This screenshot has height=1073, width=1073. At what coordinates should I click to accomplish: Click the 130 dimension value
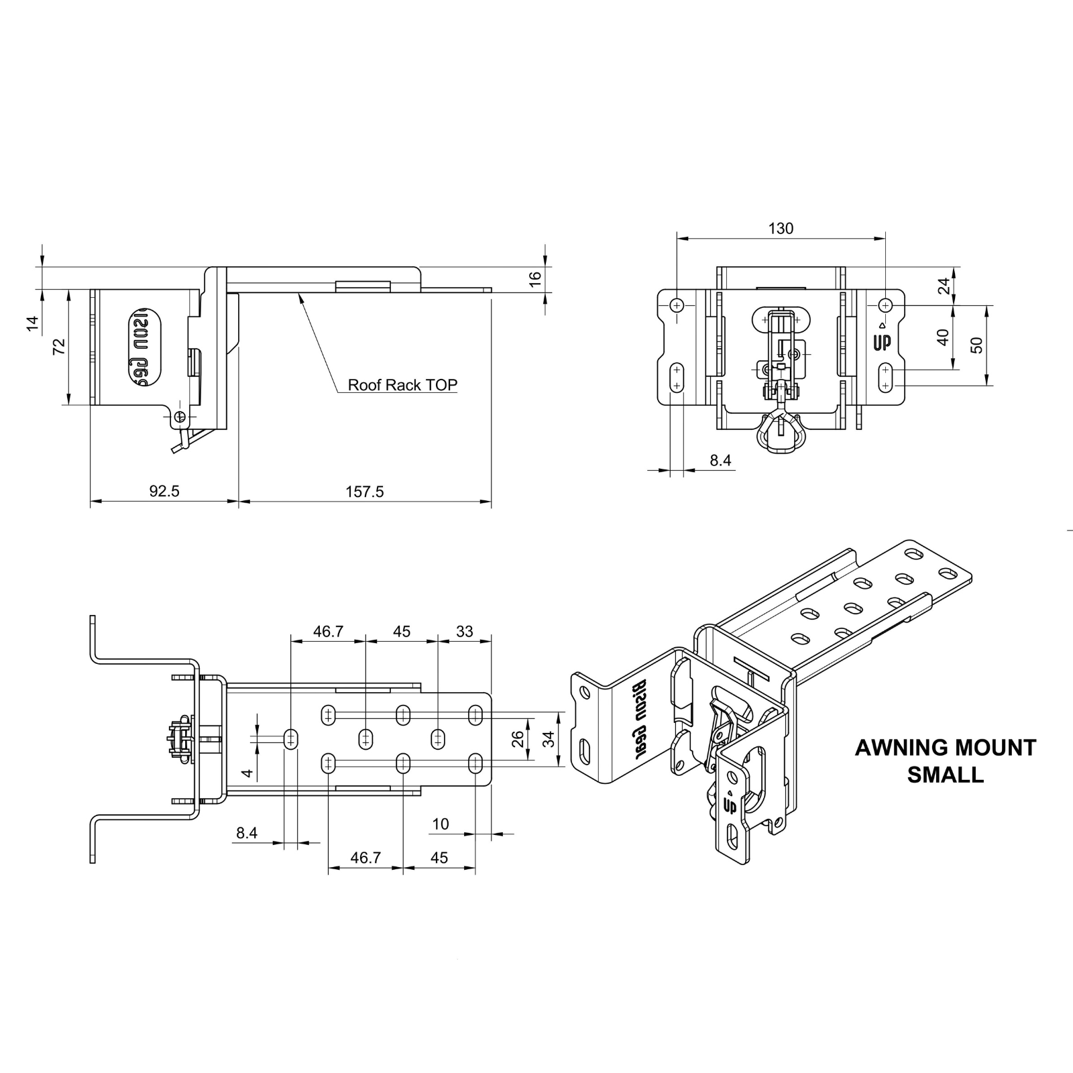pyautogui.click(x=781, y=229)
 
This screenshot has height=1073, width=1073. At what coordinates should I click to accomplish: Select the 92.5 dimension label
pyautogui.click(x=164, y=492)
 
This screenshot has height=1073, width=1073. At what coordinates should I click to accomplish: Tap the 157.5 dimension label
pyautogui.click(x=365, y=492)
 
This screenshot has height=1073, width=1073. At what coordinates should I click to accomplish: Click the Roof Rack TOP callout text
pyautogui.click(x=402, y=385)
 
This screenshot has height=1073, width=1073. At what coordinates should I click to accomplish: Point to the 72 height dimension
pyautogui.click(x=59, y=347)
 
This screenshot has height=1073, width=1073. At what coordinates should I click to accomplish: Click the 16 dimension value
pyautogui.click(x=534, y=280)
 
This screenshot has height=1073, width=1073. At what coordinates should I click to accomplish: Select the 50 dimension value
pyautogui.click(x=976, y=345)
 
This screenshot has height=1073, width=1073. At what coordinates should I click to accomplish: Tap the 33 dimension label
pyautogui.click(x=464, y=631)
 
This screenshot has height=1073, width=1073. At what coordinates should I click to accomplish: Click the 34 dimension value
pyautogui.click(x=549, y=740)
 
